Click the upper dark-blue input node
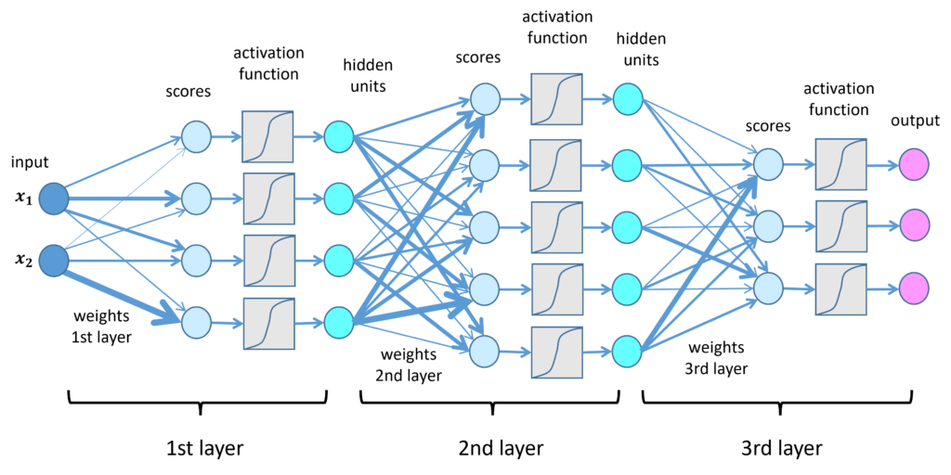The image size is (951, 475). [54, 199]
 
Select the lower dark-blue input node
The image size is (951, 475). [54, 261]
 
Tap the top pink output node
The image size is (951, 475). [914, 164]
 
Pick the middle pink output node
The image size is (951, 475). [914, 225]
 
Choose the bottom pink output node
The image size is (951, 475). [914, 288]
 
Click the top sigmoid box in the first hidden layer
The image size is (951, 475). [267, 136]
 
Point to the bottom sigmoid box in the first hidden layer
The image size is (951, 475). [269, 324]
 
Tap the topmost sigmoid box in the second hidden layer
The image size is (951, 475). [556, 99]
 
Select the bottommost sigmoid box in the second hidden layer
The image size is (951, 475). [557, 353]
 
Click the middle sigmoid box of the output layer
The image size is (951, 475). [841, 226]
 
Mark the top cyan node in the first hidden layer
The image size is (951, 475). [339, 136]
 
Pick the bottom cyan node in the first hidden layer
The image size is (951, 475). [339, 323]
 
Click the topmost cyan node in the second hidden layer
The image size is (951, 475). [628, 99]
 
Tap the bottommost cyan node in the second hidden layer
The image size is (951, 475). [627, 352]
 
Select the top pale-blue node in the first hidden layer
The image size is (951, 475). [196, 136]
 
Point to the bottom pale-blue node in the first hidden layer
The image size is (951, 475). [196, 323]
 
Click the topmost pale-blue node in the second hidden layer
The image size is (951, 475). [485, 99]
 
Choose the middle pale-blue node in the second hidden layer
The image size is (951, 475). [485, 227]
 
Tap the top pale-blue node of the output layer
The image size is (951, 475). [768, 164]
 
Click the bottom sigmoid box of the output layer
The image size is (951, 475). [841, 289]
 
